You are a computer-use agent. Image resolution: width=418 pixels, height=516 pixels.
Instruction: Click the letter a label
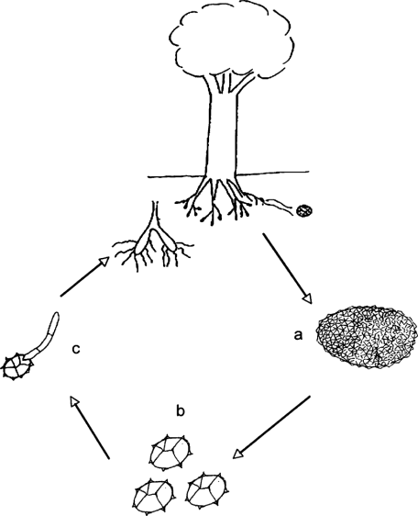coord(298,335)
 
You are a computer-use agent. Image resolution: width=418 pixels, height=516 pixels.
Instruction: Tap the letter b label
coord(181,410)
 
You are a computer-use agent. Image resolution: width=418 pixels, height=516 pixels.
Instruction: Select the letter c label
coord(76,349)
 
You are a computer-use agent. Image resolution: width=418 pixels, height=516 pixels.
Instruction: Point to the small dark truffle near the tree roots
coord(304,210)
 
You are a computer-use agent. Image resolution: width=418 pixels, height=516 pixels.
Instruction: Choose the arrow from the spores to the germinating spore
coord(90,427)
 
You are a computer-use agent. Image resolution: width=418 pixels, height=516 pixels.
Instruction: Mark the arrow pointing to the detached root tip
coord(84,277)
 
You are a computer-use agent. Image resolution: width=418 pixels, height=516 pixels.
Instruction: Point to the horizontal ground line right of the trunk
coord(273,173)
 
